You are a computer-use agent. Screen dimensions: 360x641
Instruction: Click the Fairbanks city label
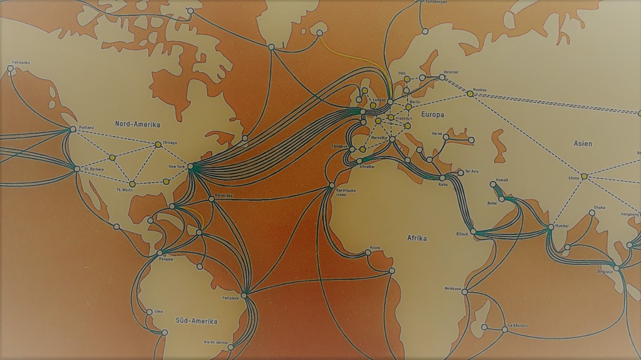(x=21, y=62)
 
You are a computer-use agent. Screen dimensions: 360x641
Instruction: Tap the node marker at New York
(x=191, y=166)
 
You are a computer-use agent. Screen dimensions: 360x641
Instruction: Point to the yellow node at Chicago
(x=158, y=144)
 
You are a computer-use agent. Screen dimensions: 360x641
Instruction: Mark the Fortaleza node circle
(x=244, y=295)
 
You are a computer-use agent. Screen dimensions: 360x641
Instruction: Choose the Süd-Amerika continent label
(x=197, y=321)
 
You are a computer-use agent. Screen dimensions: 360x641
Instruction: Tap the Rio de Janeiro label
(x=216, y=342)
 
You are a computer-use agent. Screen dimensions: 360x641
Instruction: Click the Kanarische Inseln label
(x=342, y=192)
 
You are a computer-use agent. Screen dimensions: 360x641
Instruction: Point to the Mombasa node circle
(x=464, y=292)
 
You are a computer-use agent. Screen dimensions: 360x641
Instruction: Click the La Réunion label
(x=518, y=325)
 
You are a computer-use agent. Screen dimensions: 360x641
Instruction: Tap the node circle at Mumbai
(x=550, y=228)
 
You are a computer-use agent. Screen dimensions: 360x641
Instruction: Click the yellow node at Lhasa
(x=584, y=176)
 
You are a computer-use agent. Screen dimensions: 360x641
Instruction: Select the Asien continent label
(x=583, y=144)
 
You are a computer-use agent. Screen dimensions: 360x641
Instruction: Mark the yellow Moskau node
(x=470, y=94)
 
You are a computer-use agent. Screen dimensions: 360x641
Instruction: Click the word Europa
(x=433, y=114)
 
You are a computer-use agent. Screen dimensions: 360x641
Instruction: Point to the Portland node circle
(x=73, y=129)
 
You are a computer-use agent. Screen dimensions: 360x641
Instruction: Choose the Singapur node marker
(x=616, y=268)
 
